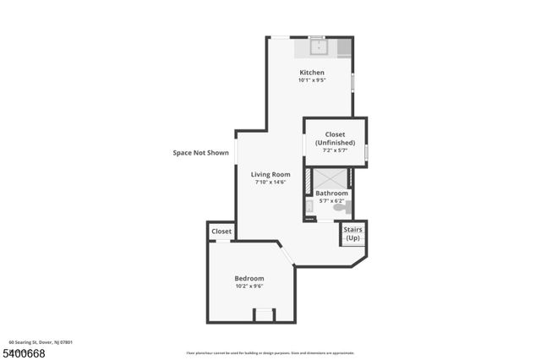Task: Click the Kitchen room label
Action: pyautogui.click(x=311, y=73)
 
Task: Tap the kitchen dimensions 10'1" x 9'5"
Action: pyautogui.click(x=311, y=80)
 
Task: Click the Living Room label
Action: pyautogui.click(x=270, y=174)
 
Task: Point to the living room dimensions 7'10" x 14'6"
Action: pyautogui.click(x=270, y=183)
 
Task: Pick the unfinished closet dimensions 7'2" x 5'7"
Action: pyautogui.click(x=335, y=152)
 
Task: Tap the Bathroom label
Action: pyautogui.click(x=332, y=194)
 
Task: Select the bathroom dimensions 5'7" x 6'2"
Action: pyautogui.click(x=332, y=200)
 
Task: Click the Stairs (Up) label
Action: pyautogui.click(x=352, y=233)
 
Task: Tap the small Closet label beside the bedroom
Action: pyautogui.click(x=221, y=231)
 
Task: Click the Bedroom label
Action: pyautogui.click(x=249, y=279)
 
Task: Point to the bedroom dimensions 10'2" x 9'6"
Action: pyautogui.click(x=249, y=286)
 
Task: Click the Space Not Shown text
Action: pyautogui.click(x=201, y=153)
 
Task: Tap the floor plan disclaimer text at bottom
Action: pyautogui.click(x=270, y=353)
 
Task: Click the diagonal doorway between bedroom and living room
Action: pyautogui.click(x=287, y=254)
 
